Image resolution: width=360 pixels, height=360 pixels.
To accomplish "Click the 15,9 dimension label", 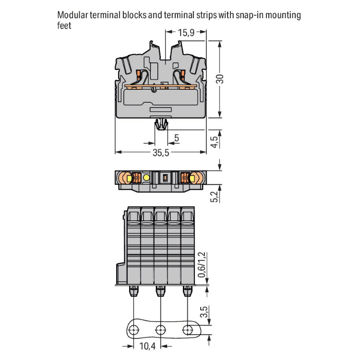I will click(x=186, y=33).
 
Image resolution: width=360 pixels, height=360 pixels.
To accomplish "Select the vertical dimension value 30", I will click(x=220, y=79).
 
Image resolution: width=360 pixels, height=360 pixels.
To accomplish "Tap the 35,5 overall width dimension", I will click(x=160, y=153).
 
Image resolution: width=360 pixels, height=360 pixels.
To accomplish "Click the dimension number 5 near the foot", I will click(x=177, y=138).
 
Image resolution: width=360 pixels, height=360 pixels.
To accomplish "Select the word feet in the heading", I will click(x=64, y=25).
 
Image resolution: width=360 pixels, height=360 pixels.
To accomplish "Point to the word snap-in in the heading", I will click(x=246, y=15).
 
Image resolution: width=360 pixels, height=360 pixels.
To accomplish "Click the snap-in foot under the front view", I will click(x=162, y=125).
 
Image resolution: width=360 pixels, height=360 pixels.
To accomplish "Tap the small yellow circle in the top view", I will click(x=146, y=178).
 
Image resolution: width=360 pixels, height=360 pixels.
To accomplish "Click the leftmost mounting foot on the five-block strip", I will click(x=133, y=291).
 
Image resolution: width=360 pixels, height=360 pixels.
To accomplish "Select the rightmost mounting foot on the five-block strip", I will click(x=187, y=291).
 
